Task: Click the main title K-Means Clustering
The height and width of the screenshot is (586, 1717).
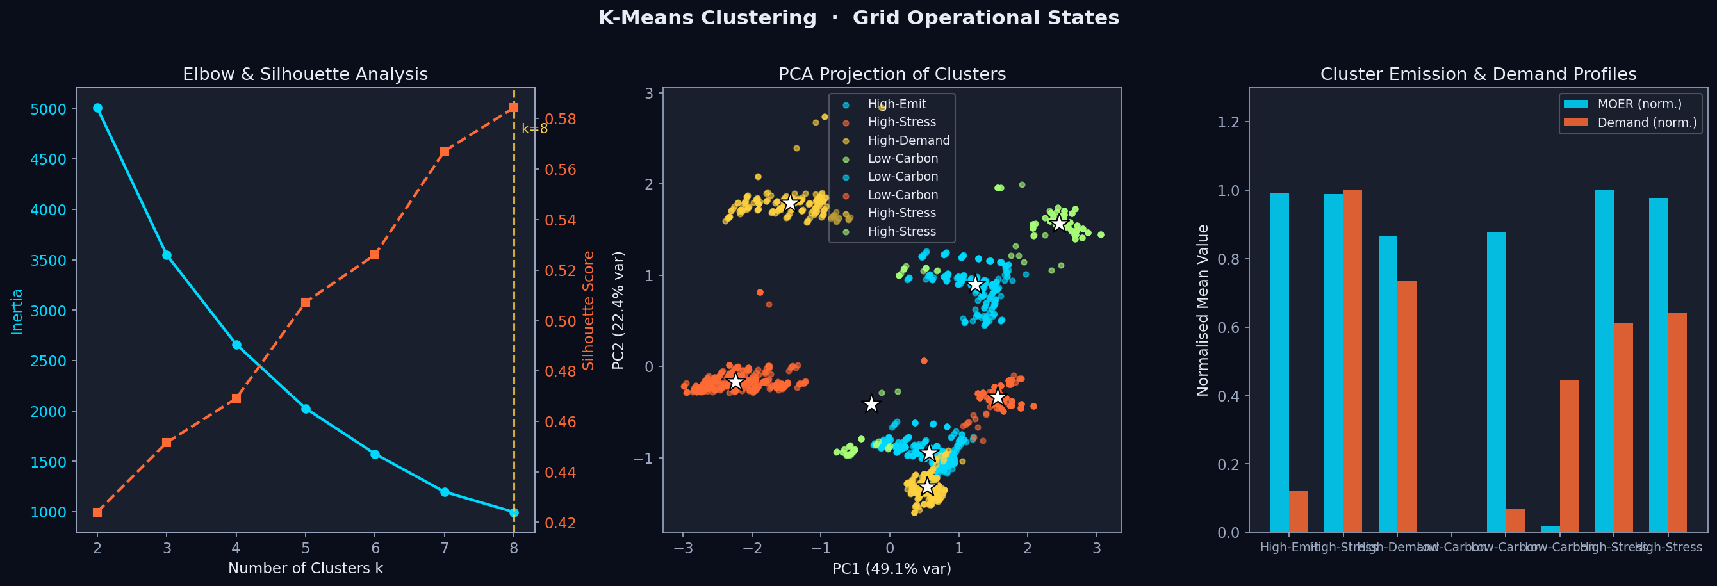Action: [x=707, y=18]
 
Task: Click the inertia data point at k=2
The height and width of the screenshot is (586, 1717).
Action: [x=97, y=108]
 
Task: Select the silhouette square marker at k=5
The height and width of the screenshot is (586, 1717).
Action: [x=305, y=303]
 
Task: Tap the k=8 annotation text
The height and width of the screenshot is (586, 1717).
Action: [x=534, y=129]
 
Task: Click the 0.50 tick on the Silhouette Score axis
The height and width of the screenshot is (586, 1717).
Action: [x=560, y=321]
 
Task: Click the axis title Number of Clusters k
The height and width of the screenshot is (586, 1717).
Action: [x=305, y=568]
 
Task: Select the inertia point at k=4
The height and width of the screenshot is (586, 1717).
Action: [x=236, y=345]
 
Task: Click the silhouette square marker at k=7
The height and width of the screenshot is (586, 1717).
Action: [x=445, y=151]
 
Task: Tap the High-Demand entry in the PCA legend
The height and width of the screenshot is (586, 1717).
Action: [x=908, y=141]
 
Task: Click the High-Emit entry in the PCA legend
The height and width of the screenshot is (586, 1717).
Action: [x=896, y=104]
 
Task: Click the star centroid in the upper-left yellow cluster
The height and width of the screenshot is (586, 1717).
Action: [x=790, y=202]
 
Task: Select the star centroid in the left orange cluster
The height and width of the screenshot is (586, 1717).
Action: [x=735, y=382]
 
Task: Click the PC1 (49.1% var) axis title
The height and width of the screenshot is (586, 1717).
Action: [x=891, y=568]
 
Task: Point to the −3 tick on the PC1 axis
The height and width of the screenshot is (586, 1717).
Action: [x=682, y=548]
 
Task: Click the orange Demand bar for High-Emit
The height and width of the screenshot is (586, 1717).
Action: [x=1298, y=510]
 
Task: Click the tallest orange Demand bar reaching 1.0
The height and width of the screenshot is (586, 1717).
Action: [x=1352, y=361]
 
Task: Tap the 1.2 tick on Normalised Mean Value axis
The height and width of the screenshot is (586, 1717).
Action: [x=1228, y=122]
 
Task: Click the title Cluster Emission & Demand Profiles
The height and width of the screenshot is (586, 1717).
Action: [x=1478, y=74]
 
